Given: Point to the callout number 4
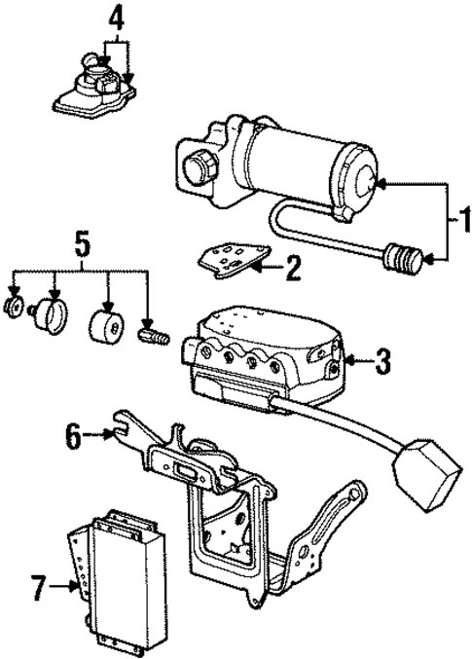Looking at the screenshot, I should pyautogui.click(x=116, y=16).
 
